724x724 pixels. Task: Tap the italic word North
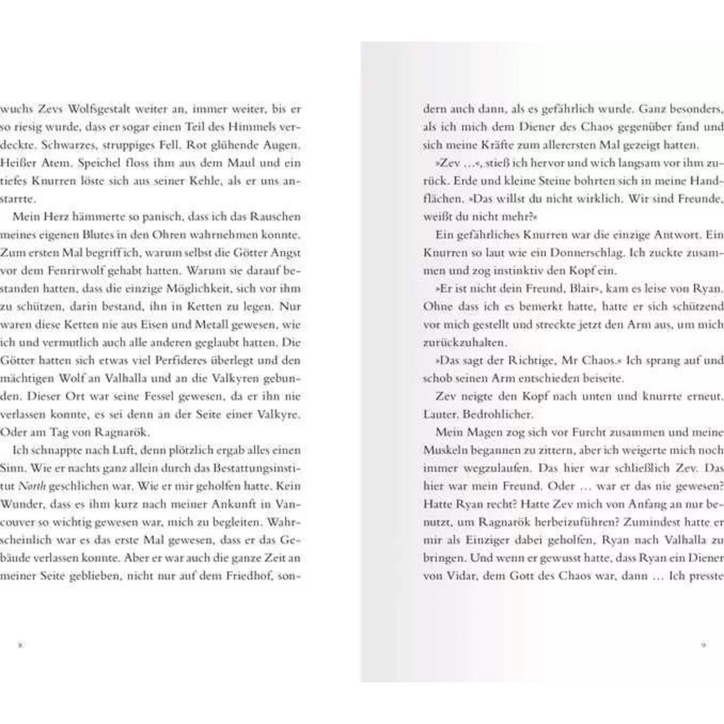point(28,486)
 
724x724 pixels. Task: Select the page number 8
point(20,645)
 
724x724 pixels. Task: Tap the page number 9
point(703,645)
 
